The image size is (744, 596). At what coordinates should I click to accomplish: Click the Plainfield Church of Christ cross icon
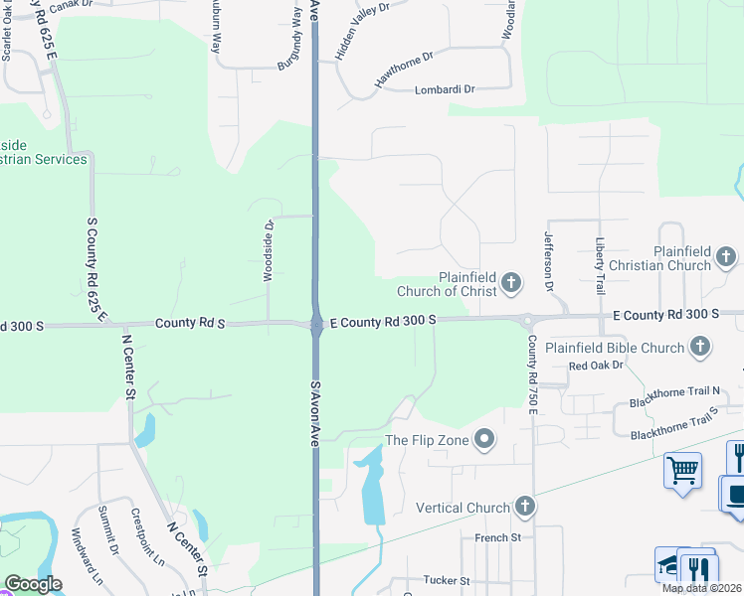[512, 283]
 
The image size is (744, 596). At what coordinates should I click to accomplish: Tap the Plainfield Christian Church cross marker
[726, 258]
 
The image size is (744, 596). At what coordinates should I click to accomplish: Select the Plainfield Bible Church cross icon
[700, 347]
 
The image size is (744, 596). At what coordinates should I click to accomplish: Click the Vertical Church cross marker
[525, 507]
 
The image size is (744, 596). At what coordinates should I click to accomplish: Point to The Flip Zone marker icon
[484, 439]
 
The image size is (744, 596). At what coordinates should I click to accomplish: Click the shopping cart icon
[682, 470]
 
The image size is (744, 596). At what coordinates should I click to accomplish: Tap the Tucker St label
[445, 580]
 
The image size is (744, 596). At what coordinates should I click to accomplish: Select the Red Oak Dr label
[595, 366]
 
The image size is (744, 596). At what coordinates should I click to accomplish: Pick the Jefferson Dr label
[548, 261]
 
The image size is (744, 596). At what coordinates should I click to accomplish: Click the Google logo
[33, 584]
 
